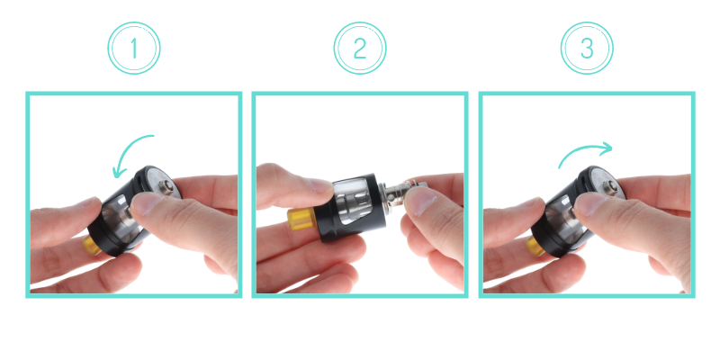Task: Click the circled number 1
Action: click(x=133, y=48)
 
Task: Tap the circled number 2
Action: click(x=360, y=48)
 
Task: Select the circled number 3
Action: click(x=587, y=48)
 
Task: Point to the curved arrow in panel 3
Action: click(x=584, y=149)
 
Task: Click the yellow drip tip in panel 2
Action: click(x=301, y=220)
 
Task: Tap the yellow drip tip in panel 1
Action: click(x=93, y=245)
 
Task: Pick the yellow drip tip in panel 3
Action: click(x=535, y=246)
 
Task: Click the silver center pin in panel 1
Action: click(x=165, y=187)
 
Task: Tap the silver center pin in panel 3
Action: click(x=609, y=187)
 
